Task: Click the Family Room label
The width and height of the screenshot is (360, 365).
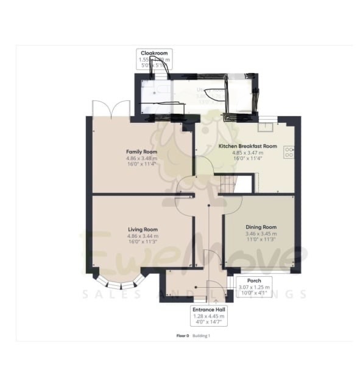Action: (x=142, y=151)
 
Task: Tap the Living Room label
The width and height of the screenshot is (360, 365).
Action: (x=143, y=229)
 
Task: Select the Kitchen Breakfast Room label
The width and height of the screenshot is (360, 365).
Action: (x=247, y=147)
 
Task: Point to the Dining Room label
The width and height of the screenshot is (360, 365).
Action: (x=261, y=227)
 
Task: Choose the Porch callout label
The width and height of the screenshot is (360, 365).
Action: (x=255, y=280)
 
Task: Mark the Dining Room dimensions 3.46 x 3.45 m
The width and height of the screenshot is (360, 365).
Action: (x=261, y=234)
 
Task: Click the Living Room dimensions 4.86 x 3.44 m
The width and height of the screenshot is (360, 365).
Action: (x=143, y=236)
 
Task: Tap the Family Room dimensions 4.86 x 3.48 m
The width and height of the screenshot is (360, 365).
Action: (x=142, y=159)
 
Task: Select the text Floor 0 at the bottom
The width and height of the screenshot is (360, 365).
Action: (x=182, y=336)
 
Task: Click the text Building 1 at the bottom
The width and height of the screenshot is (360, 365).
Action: (x=201, y=336)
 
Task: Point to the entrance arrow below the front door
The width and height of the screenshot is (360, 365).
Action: (x=215, y=299)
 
